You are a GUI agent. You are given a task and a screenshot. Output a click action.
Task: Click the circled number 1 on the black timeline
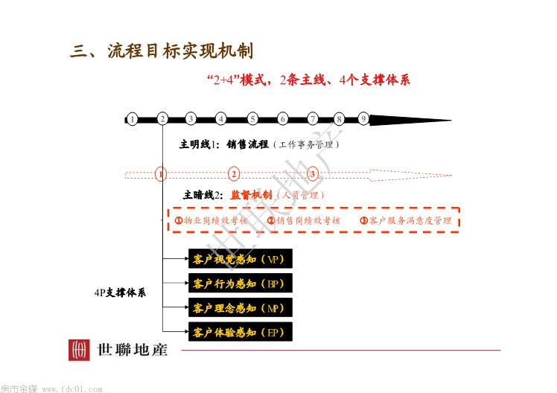(132, 119)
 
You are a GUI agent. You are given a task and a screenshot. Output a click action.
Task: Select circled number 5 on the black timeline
(252, 119)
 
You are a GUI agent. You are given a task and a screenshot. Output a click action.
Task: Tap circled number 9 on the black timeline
(363, 118)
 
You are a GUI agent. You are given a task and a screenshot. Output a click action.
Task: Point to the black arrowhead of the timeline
(410, 121)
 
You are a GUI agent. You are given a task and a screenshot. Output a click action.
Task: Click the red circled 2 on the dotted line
(234, 174)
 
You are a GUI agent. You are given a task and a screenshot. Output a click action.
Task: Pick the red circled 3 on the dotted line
(313, 174)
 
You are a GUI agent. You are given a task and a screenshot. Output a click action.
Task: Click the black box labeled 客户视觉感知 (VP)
(240, 259)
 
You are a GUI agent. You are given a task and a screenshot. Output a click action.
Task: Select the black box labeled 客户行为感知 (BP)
(240, 283)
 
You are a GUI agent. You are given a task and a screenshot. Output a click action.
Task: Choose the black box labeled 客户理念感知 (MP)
(240, 307)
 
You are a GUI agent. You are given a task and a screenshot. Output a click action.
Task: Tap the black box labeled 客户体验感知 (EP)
(240, 331)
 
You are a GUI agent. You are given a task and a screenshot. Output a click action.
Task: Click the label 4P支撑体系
(120, 293)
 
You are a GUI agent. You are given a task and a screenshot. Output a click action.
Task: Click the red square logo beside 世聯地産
(79, 350)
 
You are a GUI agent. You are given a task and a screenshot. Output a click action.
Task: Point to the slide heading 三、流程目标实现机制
(162, 51)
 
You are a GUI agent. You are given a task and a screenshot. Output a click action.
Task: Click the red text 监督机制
(251, 195)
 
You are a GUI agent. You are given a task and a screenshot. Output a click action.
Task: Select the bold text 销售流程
(247, 144)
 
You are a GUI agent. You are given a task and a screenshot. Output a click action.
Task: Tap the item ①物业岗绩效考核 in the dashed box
(211, 220)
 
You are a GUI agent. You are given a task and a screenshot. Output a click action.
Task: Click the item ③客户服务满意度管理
(406, 220)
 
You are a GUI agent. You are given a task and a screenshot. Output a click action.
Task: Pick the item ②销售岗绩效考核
(304, 220)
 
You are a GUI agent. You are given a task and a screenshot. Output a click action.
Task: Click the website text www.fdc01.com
(72, 389)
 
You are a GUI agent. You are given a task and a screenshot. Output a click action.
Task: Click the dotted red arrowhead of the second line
(410, 175)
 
